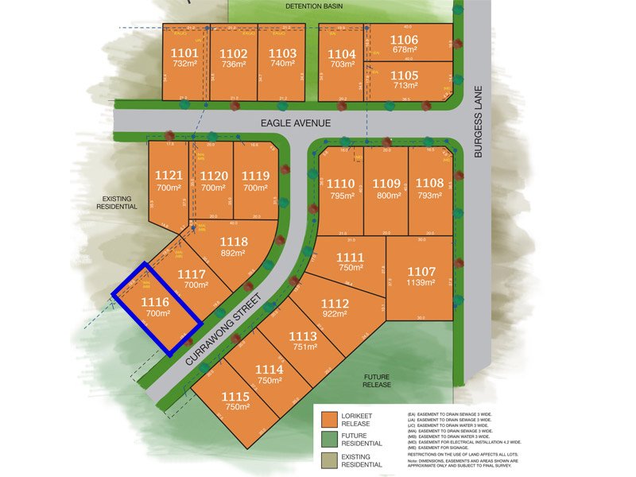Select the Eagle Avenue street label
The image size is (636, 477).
click(x=294, y=123)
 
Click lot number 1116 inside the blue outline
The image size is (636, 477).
click(x=155, y=302)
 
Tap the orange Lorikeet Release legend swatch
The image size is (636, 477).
click(x=332, y=418)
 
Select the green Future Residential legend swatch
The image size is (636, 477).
click(x=332, y=438)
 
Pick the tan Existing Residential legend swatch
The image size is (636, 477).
click(x=332, y=459)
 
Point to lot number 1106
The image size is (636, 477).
click(x=404, y=40)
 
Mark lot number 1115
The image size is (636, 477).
click(x=235, y=397)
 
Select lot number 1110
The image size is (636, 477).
click(x=341, y=183)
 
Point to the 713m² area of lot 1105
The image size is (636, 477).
click(x=405, y=85)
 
